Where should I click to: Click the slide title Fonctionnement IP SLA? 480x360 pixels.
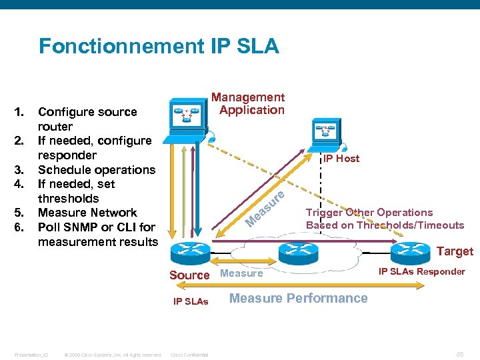click(159, 46)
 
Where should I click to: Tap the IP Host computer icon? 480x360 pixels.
click(322, 133)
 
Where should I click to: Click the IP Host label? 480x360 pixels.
click(341, 159)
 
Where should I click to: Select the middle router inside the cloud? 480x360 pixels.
click(294, 252)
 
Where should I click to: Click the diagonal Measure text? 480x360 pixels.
click(265, 208)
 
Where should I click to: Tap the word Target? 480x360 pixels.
click(454, 251)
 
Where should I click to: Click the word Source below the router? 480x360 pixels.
click(189, 275)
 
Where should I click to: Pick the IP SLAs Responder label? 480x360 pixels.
click(421, 271)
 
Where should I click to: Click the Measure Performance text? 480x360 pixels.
click(298, 298)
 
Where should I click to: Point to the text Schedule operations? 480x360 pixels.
click(96, 169)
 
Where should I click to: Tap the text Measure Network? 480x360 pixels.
click(87, 213)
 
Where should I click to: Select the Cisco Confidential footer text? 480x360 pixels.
click(189, 355)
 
